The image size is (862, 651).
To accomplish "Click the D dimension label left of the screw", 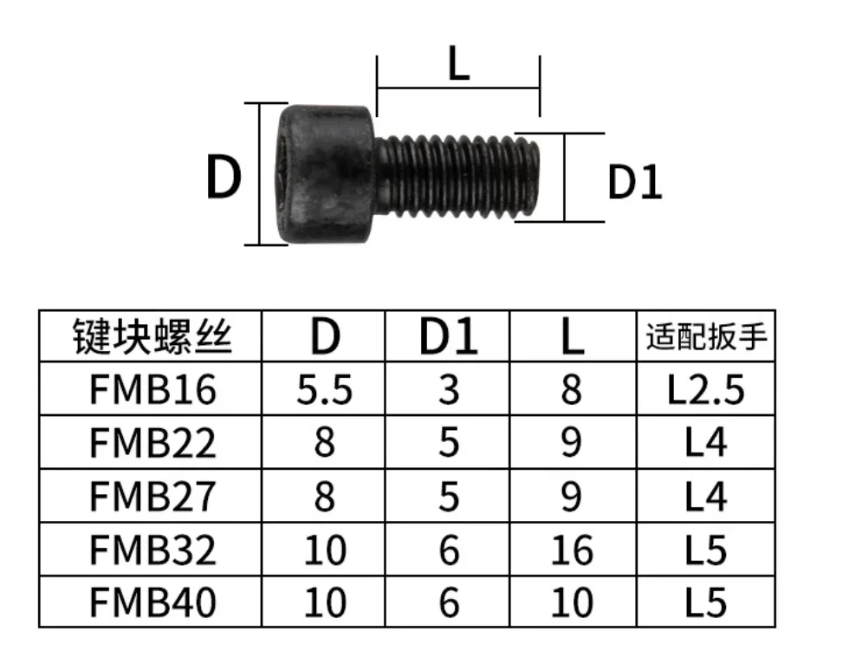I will coord(223,178).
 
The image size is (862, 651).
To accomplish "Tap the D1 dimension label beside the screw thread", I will coord(634,183).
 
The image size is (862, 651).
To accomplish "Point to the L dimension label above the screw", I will coord(458,67).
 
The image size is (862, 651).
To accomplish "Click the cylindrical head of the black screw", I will coord(328,174).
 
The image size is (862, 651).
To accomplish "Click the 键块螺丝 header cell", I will coord(152,336).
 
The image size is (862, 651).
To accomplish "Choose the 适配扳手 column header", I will coord(706,336).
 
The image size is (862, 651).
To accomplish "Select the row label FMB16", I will coord(152,390).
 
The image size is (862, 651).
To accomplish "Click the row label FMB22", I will coord(152,444).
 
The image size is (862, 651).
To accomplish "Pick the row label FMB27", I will coord(152,497).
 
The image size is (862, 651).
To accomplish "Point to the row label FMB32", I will coord(152,550).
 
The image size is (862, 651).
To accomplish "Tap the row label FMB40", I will coord(152,602).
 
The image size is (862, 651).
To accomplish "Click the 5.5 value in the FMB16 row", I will coord(325,390).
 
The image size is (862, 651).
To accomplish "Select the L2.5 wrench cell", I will coord(706,390).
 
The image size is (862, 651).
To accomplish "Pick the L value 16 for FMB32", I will coord(572,550).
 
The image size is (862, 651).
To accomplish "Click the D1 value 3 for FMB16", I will coord(448,390).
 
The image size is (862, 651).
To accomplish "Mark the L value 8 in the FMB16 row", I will coord(572,390).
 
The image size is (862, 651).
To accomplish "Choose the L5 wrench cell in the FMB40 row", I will coord(706,602).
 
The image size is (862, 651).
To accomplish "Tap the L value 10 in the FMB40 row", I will coord(572,602).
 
